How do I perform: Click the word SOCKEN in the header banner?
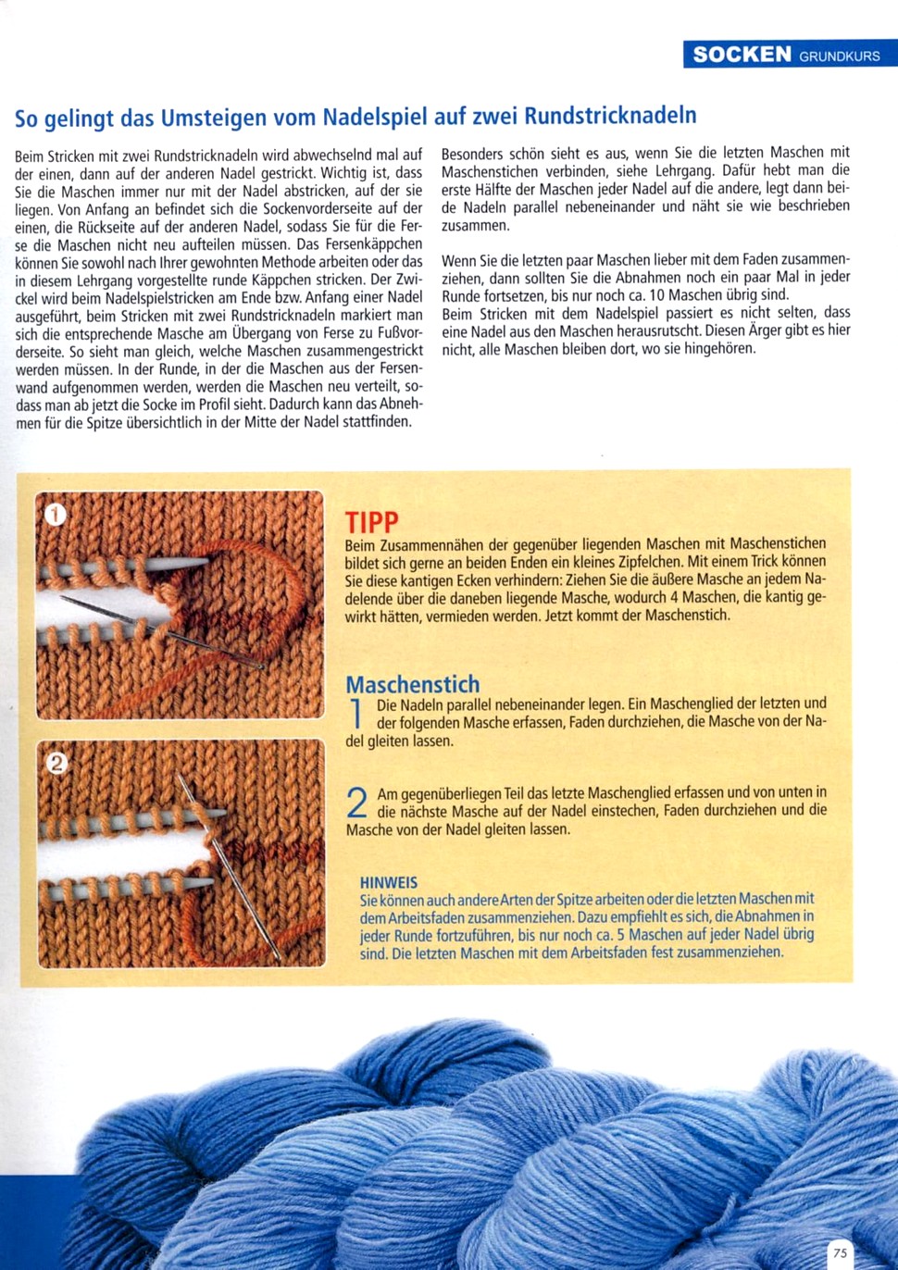[742, 55]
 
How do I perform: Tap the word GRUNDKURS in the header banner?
[840, 56]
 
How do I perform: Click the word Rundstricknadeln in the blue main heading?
[610, 117]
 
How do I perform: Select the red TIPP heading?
[371, 522]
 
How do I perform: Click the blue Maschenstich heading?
[413, 684]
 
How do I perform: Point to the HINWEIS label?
[389, 882]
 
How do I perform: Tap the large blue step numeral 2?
[357, 802]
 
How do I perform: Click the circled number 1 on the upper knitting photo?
[56, 515]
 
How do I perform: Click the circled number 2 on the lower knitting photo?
[56, 763]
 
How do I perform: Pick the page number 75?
[840, 1252]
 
